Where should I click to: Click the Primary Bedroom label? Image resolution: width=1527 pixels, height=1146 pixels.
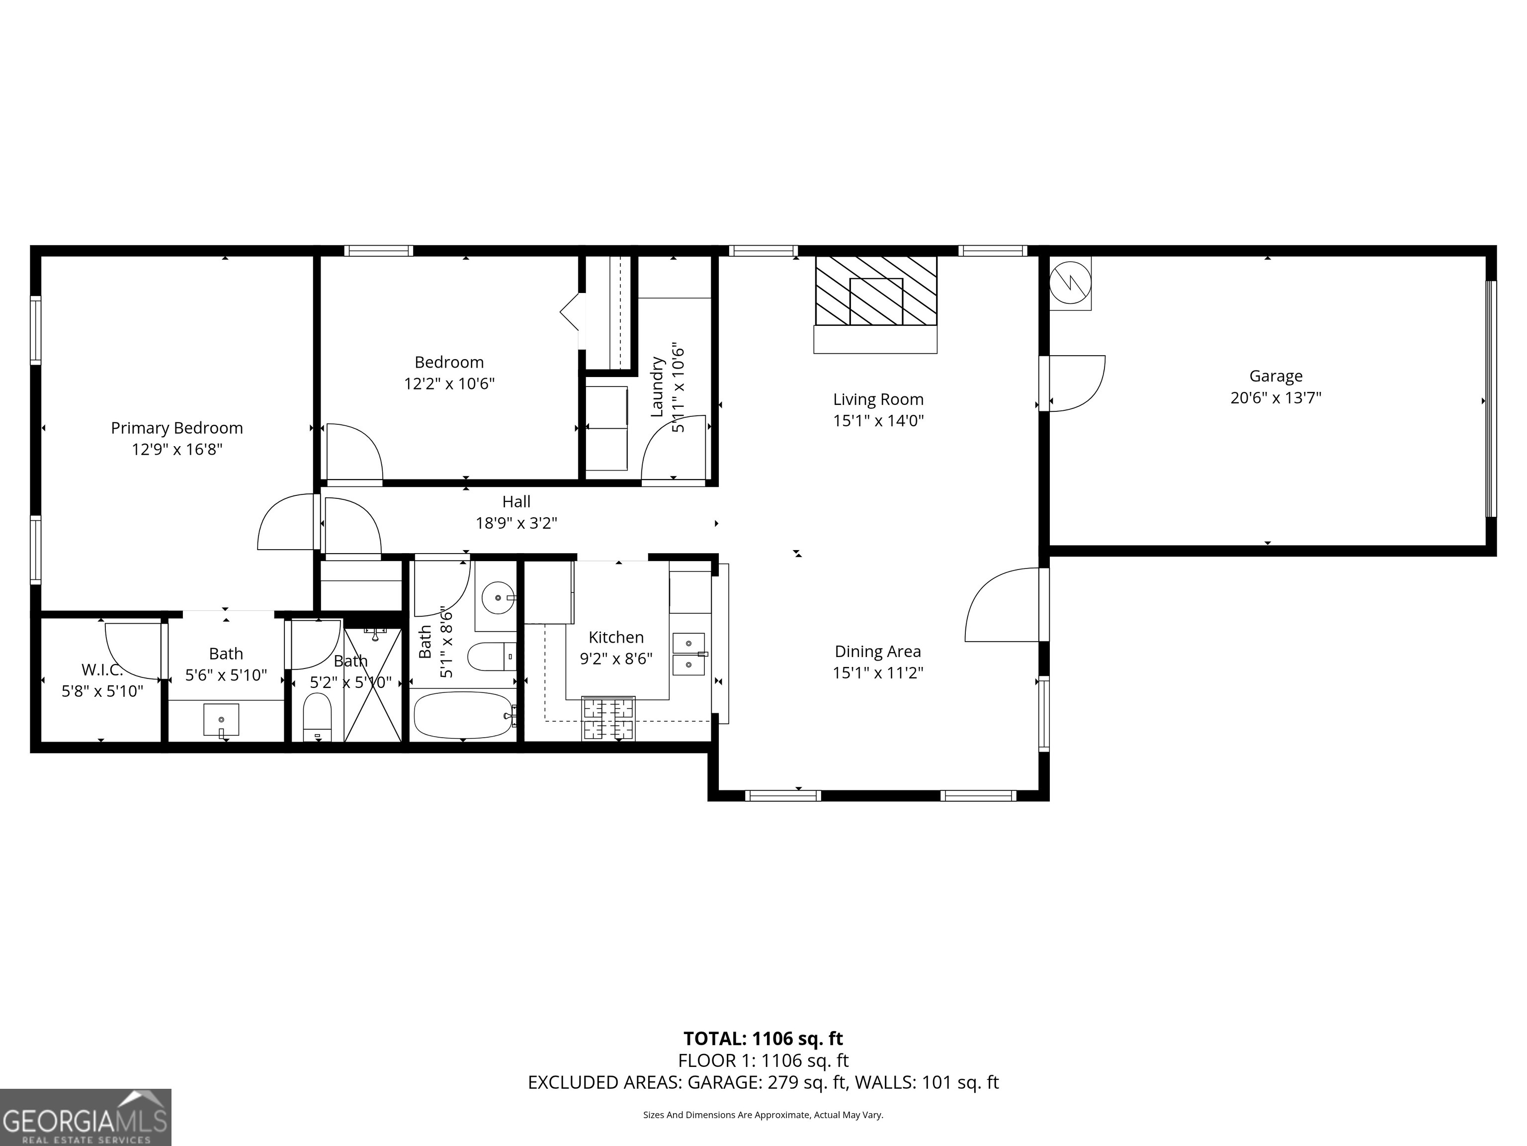point(177,428)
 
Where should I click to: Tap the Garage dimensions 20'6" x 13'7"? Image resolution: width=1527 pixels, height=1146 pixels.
point(1275,398)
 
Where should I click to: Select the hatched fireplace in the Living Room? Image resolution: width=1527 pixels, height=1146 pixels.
point(875,291)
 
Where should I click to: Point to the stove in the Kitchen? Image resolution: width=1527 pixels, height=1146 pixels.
point(608,718)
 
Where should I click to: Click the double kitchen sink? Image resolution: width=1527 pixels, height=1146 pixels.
point(688,654)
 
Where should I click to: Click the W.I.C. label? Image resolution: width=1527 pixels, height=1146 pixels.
point(102,669)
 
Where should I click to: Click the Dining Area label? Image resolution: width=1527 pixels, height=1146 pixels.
point(877,652)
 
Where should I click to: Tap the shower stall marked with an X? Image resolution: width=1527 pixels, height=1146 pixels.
point(373,684)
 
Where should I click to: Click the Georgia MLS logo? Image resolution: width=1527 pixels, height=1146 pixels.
point(85,1117)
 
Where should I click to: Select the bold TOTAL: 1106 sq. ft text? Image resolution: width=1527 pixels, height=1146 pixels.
point(763,1038)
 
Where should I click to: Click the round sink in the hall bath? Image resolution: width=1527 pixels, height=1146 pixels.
point(496,597)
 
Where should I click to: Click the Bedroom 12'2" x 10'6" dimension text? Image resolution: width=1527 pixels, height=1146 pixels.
point(449,384)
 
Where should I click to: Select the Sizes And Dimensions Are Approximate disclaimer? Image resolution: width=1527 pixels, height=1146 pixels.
point(763,1114)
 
